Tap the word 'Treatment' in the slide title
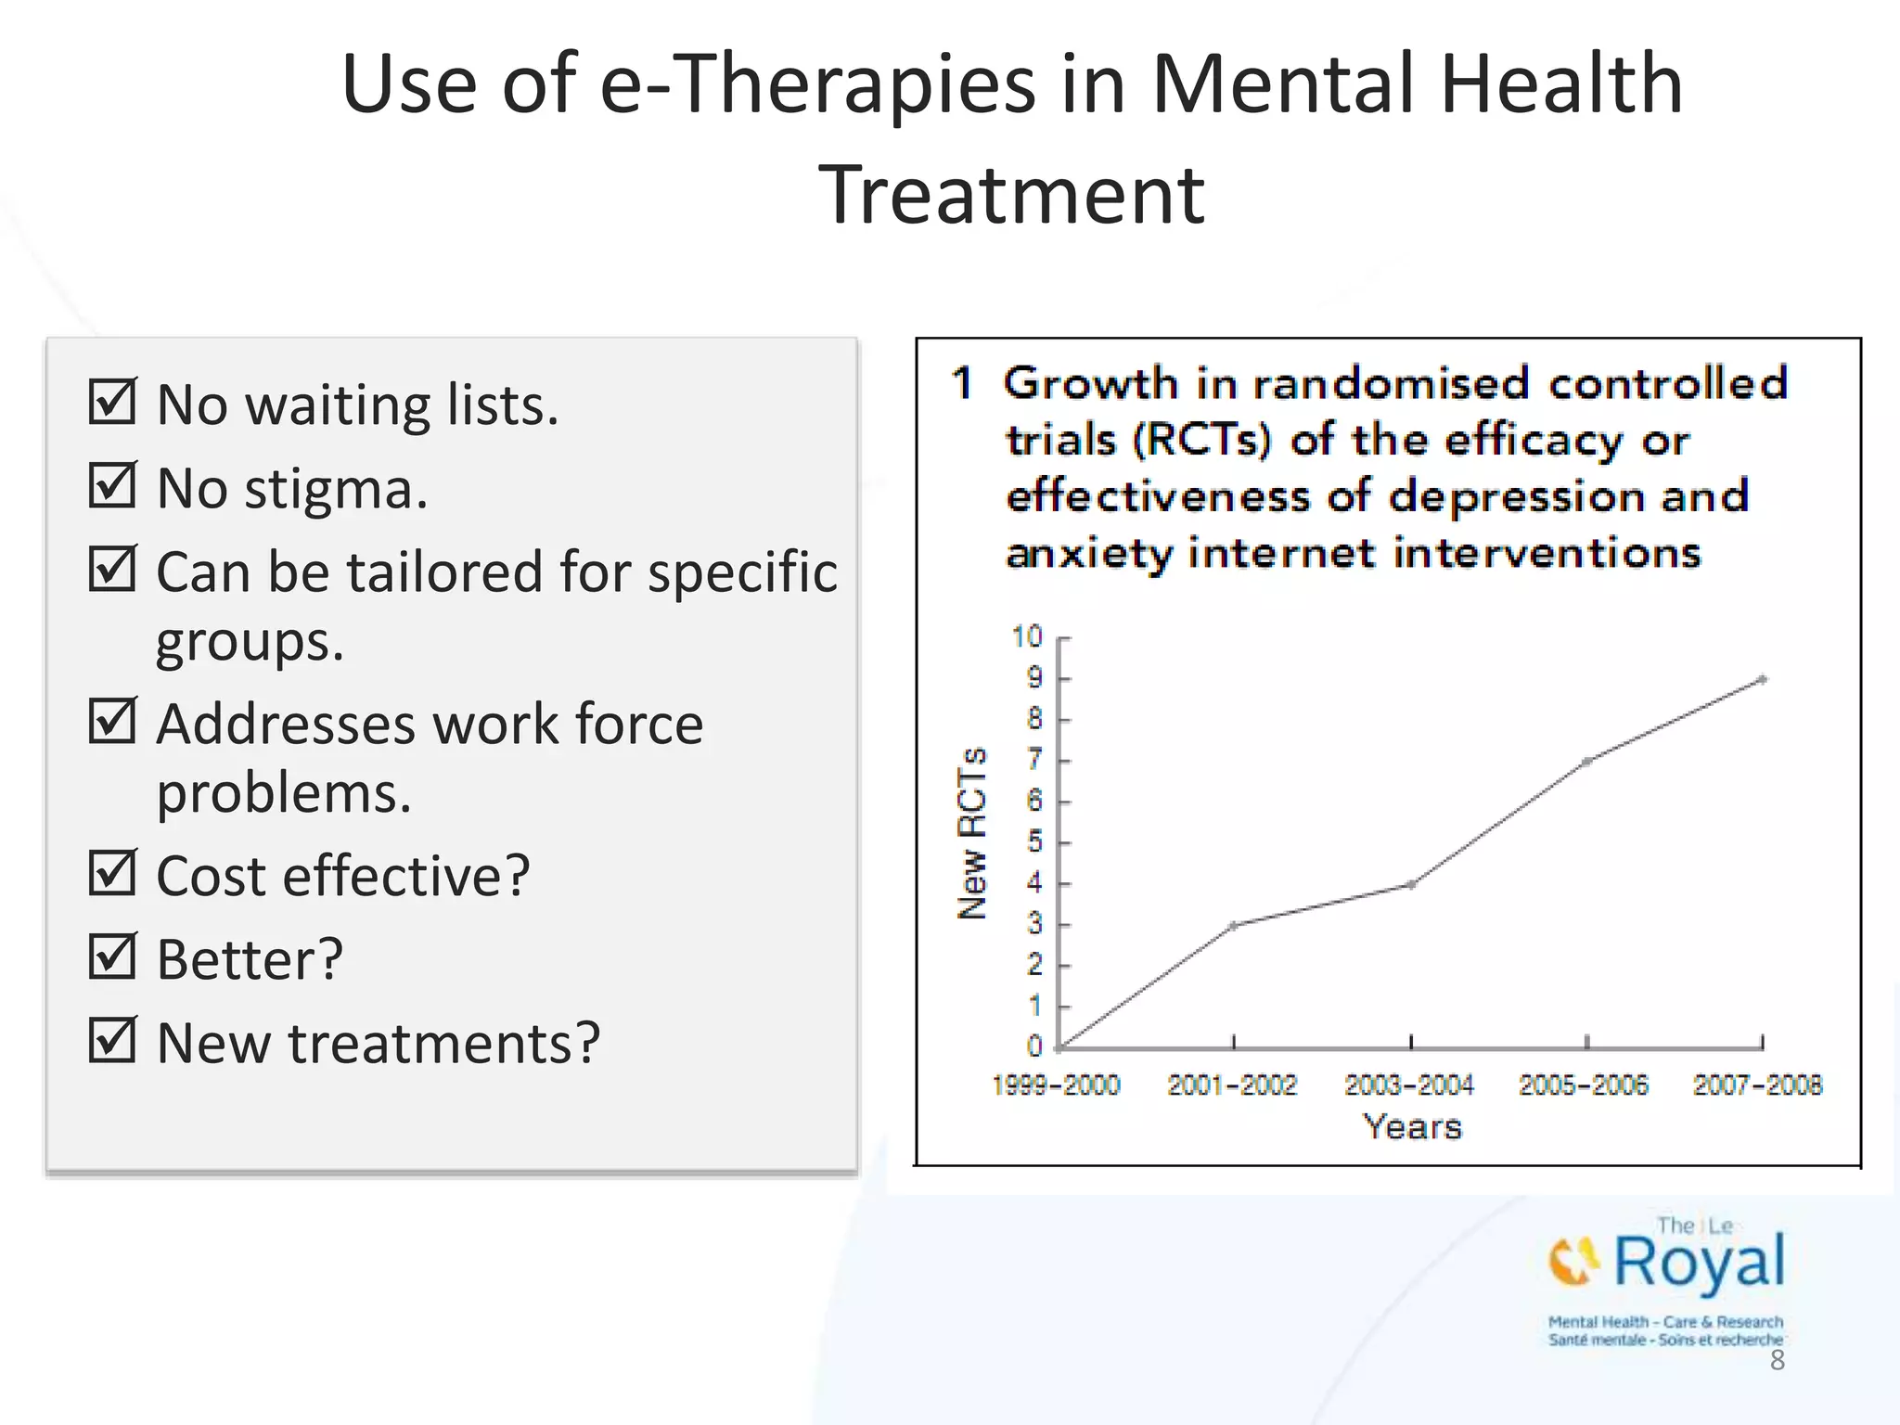(1011, 195)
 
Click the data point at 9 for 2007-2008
(1762, 680)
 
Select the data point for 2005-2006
(1587, 762)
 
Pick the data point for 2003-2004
(1411, 884)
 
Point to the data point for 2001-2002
(1234, 925)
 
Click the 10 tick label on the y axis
(1027, 637)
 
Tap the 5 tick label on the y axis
(1034, 842)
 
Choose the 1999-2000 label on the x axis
(1056, 1085)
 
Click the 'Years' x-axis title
(1412, 1127)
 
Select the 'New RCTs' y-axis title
(972, 833)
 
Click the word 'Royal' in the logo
(1699, 1262)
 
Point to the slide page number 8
(1777, 1360)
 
